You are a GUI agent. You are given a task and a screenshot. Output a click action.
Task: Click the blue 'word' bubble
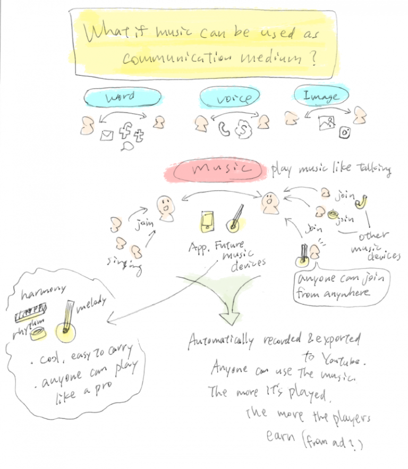[x=122, y=97]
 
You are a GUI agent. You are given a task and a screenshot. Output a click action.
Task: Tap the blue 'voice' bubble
[x=229, y=98]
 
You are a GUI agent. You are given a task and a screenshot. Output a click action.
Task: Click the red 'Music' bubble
[x=215, y=169]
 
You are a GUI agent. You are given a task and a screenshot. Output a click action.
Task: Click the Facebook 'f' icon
[x=125, y=130]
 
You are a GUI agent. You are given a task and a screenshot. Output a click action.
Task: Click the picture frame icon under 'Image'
[x=326, y=123]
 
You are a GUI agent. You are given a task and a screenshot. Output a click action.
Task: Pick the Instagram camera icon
[x=345, y=133]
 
